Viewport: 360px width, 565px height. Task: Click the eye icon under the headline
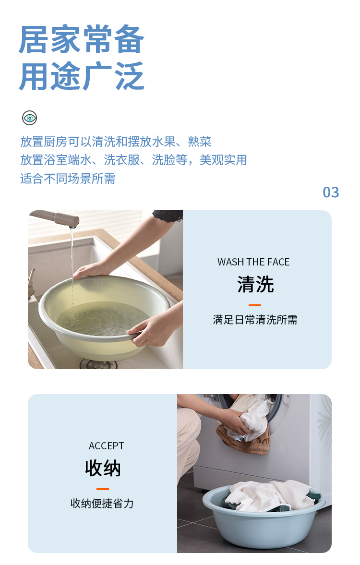pos(30,118)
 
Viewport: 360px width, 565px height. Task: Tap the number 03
pos(331,192)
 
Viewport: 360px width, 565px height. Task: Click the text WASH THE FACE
pos(253,262)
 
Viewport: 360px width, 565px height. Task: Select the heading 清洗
pos(255,284)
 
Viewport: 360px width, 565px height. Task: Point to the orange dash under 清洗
pos(255,305)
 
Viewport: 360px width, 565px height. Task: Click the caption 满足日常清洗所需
pos(255,320)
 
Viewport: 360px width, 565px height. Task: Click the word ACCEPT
pos(106,446)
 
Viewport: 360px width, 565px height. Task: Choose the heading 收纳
pos(103,468)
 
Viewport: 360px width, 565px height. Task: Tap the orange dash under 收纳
pos(103,489)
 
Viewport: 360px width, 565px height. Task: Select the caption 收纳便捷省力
pos(102,504)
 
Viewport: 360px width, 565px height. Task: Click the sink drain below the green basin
pos(98,363)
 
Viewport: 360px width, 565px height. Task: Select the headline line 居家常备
pos(82,39)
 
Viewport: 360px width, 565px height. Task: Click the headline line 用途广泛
pos(82,76)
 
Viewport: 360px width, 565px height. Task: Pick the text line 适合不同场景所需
pos(68,179)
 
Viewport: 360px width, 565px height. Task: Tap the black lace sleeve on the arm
pos(168,216)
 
